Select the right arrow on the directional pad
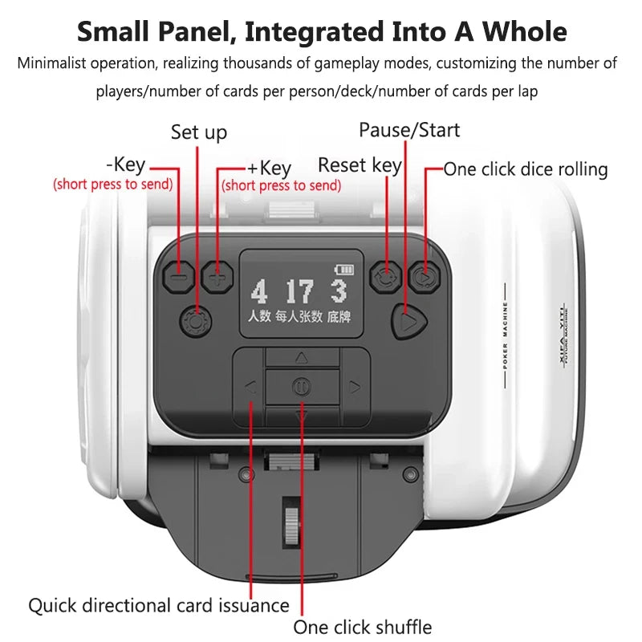pos(355,387)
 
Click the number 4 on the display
pos(258,291)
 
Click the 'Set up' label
pos(199,132)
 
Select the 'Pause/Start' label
pos(409,129)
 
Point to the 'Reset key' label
pos(360,165)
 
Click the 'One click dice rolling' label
pos(526,169)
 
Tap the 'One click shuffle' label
pos(362,627)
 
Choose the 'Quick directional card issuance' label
pos(159,605)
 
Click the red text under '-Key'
pos(113,184)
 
